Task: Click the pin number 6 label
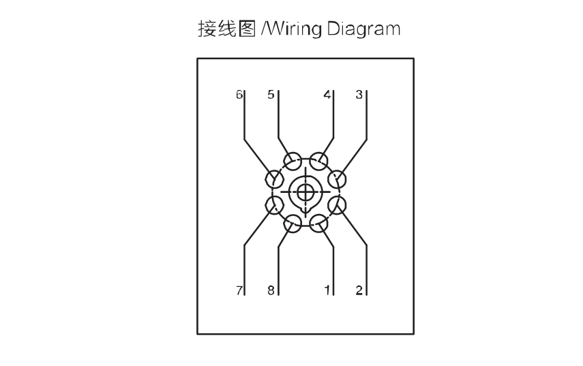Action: coord(239,95)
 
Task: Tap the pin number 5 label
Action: coord(271,95)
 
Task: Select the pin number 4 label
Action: coord(327,95)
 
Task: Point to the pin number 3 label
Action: coord(359,95)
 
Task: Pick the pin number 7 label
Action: coord(239,290)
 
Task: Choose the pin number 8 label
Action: coord(271,290)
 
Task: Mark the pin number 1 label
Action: coord(327,290)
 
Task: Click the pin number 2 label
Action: coord(359,290)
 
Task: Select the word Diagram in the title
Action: coord(363,29)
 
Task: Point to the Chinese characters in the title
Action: coord(227,29)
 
